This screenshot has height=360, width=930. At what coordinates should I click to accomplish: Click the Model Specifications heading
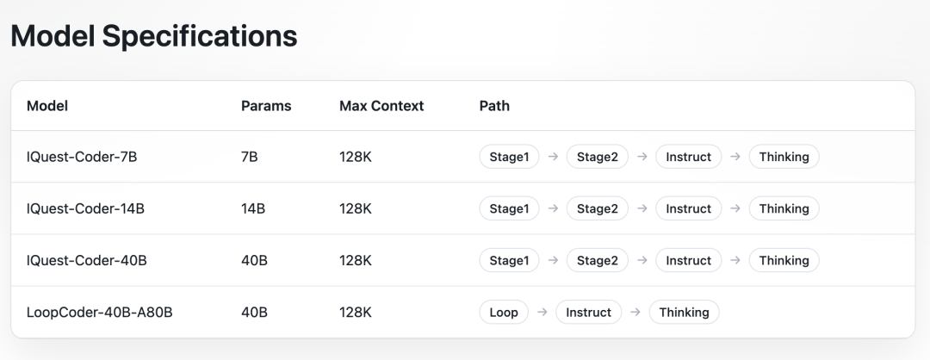point(153,36)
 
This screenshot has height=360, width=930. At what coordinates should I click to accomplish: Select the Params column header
point(266,106)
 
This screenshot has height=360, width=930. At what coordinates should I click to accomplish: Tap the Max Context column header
point(381,106)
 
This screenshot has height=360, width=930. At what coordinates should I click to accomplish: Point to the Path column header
point(494,106)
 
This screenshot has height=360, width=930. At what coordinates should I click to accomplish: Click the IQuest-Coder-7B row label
point(82,157)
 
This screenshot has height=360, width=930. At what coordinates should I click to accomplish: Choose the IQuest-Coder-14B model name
point(85,208)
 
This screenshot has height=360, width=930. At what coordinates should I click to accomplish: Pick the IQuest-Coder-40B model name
point(86,260)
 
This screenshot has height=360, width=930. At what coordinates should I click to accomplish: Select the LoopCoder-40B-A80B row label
point(100,312)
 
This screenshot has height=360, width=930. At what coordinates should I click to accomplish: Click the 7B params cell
point(251,157)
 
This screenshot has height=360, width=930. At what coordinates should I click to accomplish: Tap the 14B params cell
point(254,208)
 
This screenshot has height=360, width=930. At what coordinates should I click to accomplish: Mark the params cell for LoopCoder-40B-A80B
point(255,312)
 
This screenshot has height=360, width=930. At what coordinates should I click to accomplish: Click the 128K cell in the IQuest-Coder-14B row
point(356,208)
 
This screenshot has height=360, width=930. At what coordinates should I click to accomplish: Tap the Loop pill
point(504,312)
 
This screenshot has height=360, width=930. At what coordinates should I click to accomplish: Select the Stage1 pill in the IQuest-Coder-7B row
point(509,157)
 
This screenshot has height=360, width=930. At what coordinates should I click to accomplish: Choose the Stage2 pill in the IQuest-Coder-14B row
point(597,208)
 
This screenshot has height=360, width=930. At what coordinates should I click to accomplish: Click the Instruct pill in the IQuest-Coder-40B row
point(688,260)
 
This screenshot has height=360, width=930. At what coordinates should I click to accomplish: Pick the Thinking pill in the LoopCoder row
point(684,312)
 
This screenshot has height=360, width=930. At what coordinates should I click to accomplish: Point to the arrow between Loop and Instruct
point(542,312)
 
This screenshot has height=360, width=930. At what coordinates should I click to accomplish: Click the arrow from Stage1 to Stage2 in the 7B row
point(553,157)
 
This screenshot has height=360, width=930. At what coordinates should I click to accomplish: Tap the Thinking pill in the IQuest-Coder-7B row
point(784,157)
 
